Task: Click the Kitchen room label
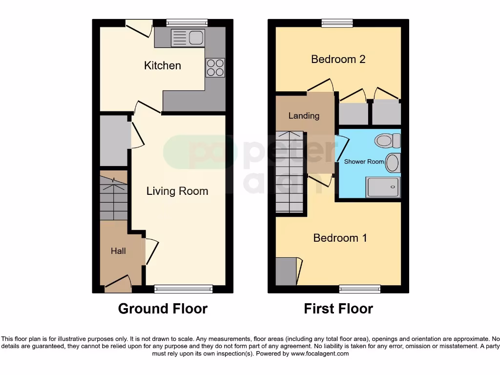coord(163,65)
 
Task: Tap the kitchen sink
coord(188,38)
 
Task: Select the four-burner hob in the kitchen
coord(215,67)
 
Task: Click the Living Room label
coord(177,191)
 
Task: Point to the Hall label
coord(118,251)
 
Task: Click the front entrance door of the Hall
coord(118,284)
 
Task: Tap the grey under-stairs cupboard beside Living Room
coord(114,141)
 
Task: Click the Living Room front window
coord(184,289)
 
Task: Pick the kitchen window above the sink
coord(187,22)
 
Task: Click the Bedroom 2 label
coord(338,59)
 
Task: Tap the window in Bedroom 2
coord(337,22)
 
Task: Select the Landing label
coord(304,116)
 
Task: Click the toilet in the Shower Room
coord(387,141)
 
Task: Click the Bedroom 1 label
coord(340,238)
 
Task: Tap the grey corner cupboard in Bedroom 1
coord(286,271)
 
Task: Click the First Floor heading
coord(338,309)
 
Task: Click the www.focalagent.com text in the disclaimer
coord(320,354)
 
